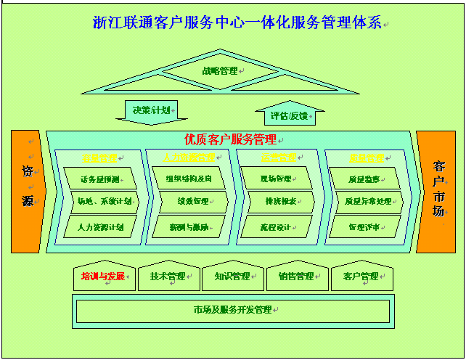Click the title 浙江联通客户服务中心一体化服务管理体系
[237, 22]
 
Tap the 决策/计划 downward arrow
[152, 111]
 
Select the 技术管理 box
[168, 277]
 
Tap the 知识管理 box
[232, 277]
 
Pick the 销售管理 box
[296, 277]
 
